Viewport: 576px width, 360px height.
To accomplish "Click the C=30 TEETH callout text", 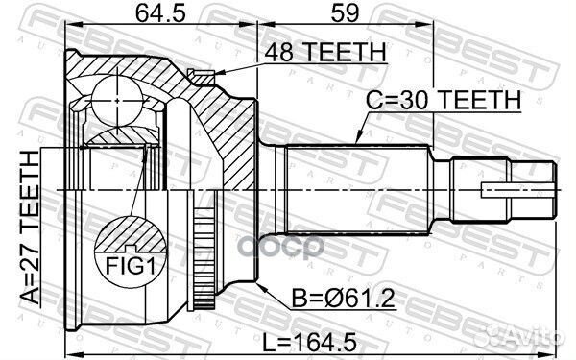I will pyautogui.click(x=444, y=98).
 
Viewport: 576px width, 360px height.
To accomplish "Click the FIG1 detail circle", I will pyautogui.click(x=127, y=249).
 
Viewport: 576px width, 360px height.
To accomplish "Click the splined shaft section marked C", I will pyautogui.click(x=355, y=190).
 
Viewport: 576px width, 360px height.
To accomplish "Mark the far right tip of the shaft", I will pyautogui.click(x=556, y=190).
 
